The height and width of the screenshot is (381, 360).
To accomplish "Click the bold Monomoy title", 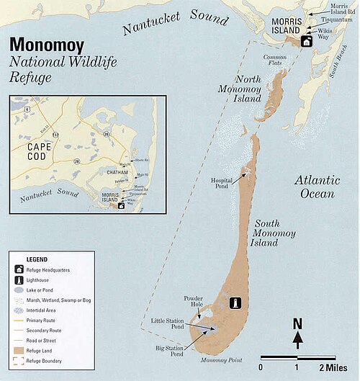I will [x=46, y=44].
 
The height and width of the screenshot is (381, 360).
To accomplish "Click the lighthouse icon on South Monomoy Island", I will [x=233, y=303].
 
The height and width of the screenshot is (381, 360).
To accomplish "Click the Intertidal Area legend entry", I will [x=43, y=309].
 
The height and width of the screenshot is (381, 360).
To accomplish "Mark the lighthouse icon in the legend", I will [x=17, y=279].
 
